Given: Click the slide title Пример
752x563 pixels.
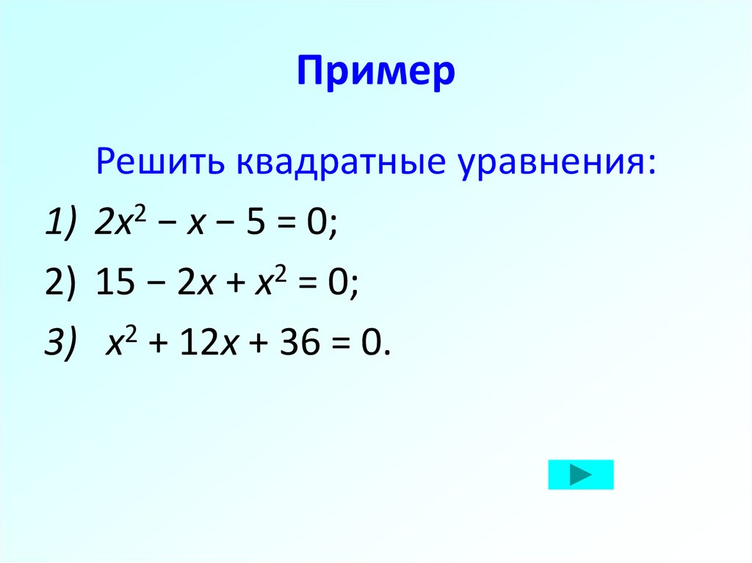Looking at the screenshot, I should (x=376, y=74).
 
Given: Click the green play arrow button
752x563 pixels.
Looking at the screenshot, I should (x=580, y=475).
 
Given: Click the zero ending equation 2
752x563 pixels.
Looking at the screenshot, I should (x=339, y=282).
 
